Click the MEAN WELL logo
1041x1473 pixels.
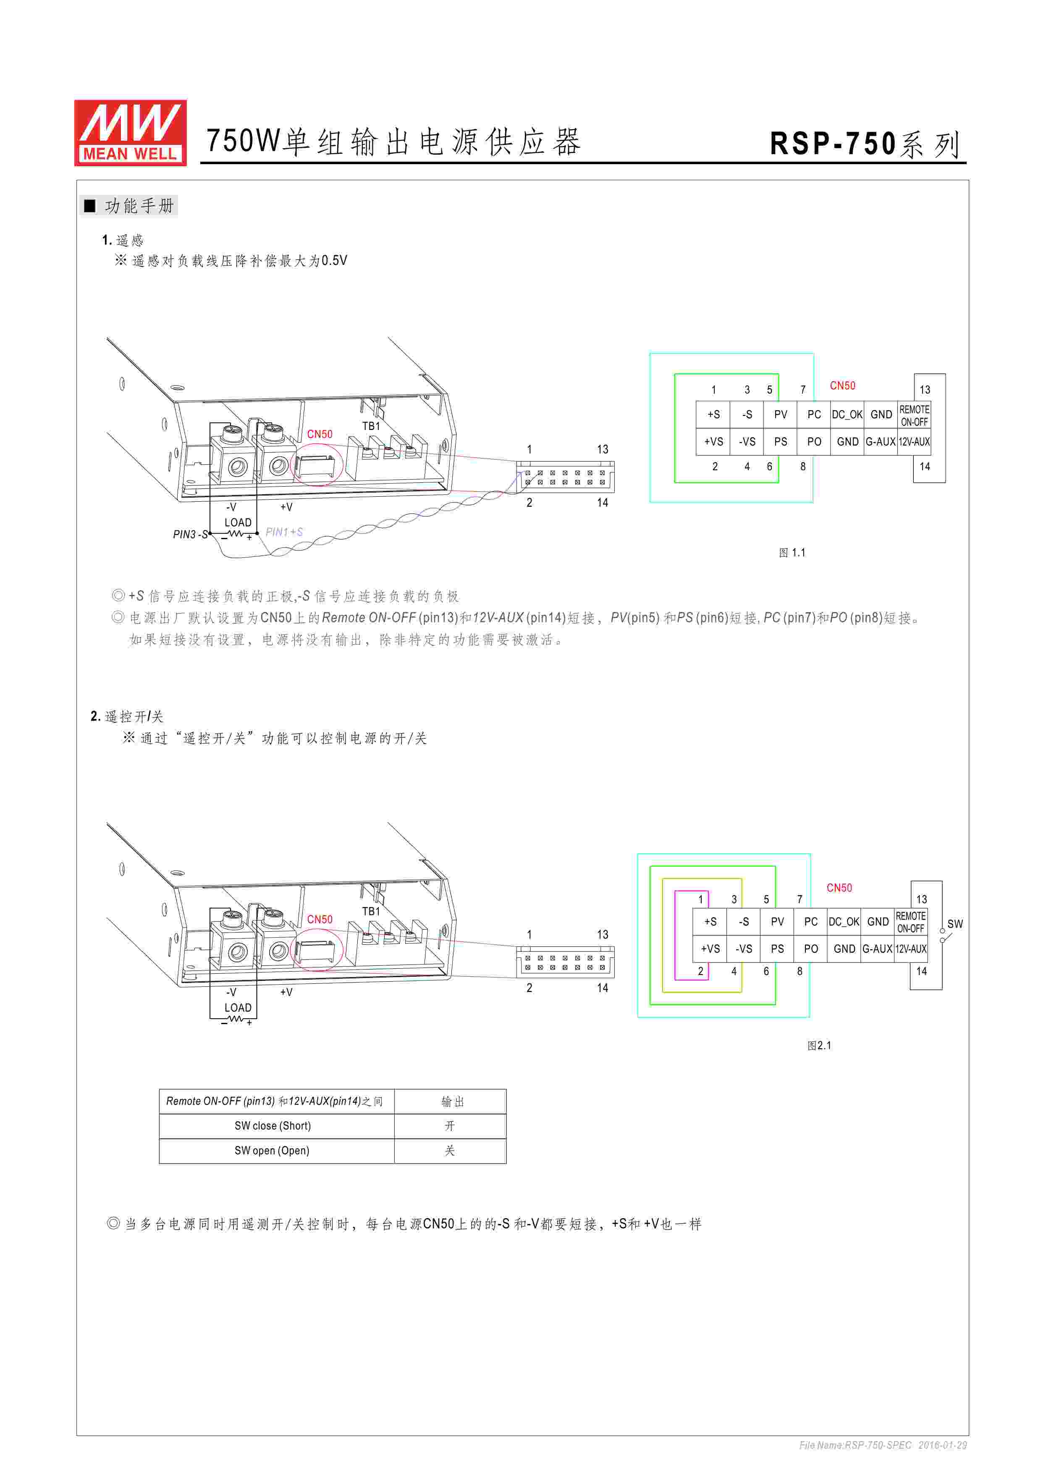pyautogui.click(x=130, y=133)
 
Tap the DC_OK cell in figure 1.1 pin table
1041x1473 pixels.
pyautogui.click(x=847, y=414)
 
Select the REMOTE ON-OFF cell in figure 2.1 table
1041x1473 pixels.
pyautogui.click(x=910, y=922)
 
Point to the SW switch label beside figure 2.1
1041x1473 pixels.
pyautogui.click(x=954, y=924)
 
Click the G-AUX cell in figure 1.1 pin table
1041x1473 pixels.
pyautogui.click(x=880, y=441)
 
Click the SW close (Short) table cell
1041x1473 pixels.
pyautogui.click(x=273, y=1125)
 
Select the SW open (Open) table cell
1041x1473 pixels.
pyautogui.click(x=272, y=1150)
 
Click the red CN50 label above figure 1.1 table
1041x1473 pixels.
pyautogui.click(x=842, y=385)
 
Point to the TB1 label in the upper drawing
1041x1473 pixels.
pyautogui.click(x=371, y=426)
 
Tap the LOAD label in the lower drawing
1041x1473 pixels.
pyautogui.click(x=238, y=1007)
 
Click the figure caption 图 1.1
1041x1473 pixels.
pyautogui.click(x=792, y=553)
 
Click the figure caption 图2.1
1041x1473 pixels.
pyautogui.click(x=818, y=1045)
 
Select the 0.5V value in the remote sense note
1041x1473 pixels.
pyautogui.click(x=334, y=260)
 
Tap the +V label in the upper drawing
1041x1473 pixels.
pyautogui.click(x=286, y=507)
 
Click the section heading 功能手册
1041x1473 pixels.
pyautogui.click(x=139, y=206)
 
